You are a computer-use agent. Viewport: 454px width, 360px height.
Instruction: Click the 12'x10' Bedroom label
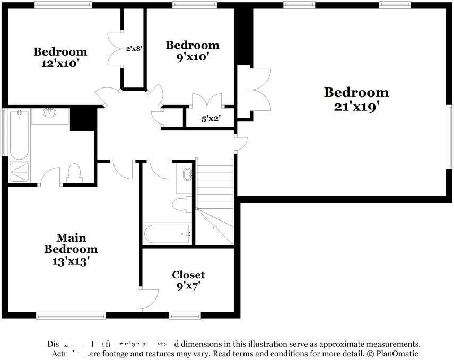pyautogui.click(x=60, y=57)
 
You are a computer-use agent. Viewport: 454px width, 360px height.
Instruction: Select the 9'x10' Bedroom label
pyautogui.click(x=192, y=50)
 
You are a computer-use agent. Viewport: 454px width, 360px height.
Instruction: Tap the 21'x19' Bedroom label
pyautogui.click(x=356, y=99)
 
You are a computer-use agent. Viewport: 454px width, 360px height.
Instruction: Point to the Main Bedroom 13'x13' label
pyautogui.click(x=71, y=249)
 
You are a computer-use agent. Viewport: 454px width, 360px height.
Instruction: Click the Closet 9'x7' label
pyautogui.click(x=188, y=280)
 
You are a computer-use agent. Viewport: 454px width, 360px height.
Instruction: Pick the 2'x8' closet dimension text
pyautogui.click(x=134, y=49)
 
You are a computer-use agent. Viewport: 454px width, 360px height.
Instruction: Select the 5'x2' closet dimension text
pyautogui.click(x=211, y=119)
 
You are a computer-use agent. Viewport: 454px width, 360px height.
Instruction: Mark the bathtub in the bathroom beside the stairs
pyautogui.click(x=167, y=233)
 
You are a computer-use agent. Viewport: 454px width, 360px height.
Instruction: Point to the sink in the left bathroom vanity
pyautogui.click(x=50, y=113)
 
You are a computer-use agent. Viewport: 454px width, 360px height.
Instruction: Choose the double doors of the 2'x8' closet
pyautogui.click(x=116, y=49)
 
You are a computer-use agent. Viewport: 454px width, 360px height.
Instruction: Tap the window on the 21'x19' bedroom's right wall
pyautogui.click(x=450, y=137)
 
